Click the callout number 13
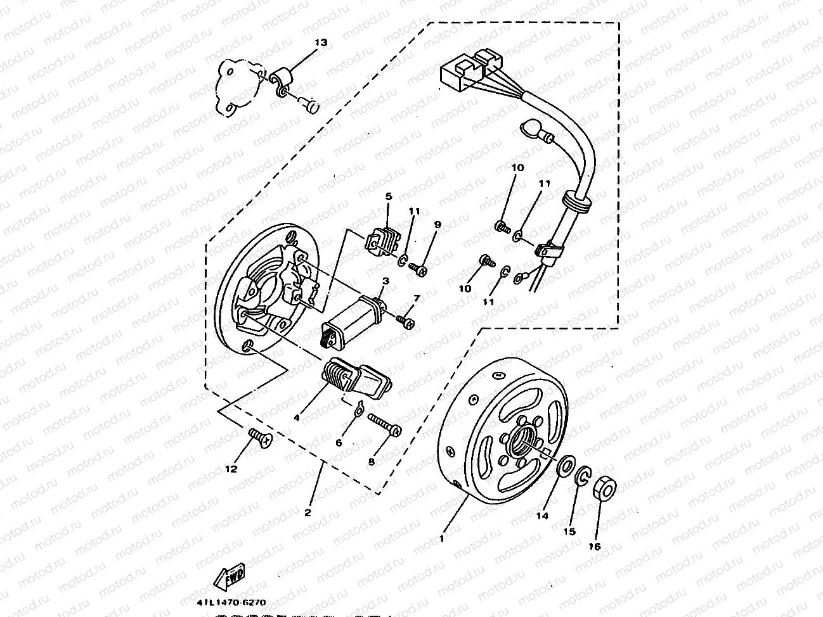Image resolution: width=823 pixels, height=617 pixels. (x=321, y=42)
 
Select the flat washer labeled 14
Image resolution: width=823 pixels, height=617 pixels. (x=563, y=468)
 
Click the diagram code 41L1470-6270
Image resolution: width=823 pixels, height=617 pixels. (x=231, y=602)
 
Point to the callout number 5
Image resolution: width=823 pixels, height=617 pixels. (x=389, y=196)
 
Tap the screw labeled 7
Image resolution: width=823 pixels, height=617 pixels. (x=405, y=322)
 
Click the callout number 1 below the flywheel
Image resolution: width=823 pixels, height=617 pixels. (x=441, y=538)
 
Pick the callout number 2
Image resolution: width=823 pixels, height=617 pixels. (x=308, y=512)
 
